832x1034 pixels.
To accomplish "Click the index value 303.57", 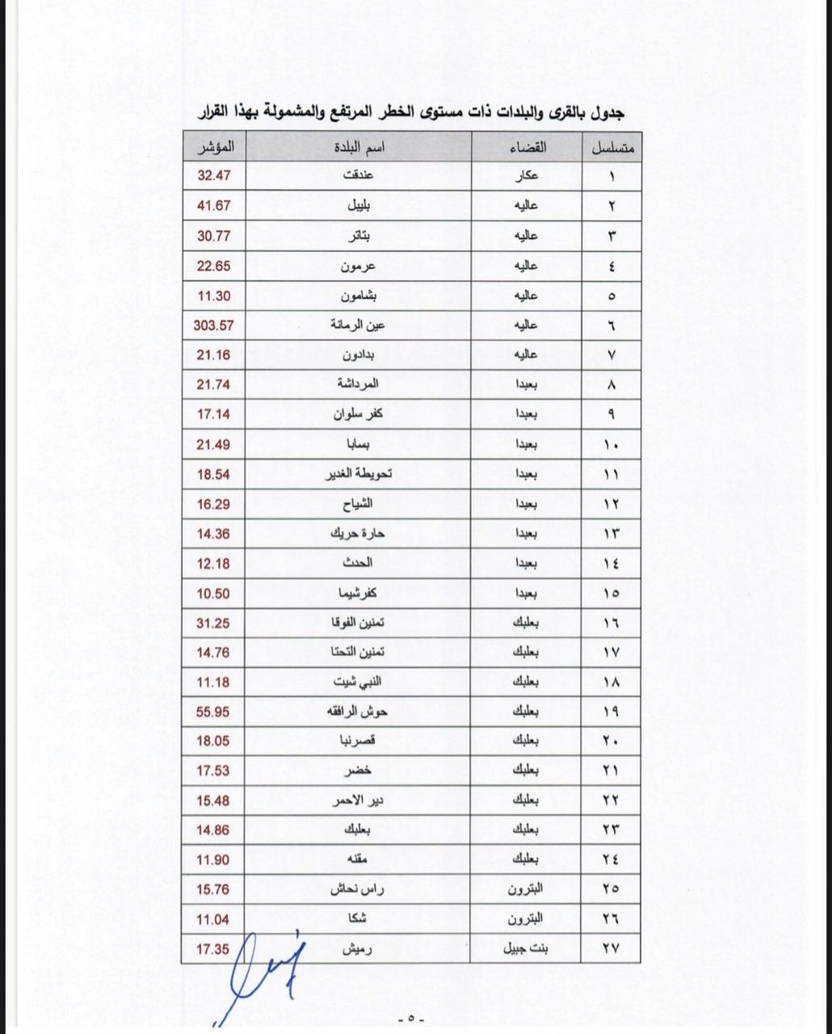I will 213,326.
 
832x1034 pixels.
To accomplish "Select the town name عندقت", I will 359,176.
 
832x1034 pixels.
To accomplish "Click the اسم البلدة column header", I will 359,148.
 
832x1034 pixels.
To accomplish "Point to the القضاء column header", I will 528,148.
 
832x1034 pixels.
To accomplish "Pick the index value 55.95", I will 213,712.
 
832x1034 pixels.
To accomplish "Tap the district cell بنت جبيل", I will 526,948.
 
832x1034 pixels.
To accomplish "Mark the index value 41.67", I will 213,206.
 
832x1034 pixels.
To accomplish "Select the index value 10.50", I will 213,593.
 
